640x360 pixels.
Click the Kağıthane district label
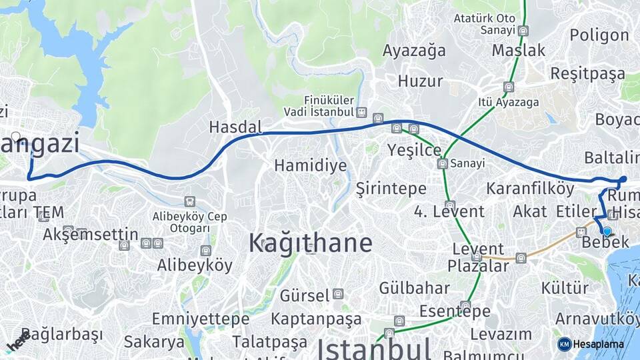310,243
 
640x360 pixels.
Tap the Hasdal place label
235,127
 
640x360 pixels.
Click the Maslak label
519,50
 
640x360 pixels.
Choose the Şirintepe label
391,188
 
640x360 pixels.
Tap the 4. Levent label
449,212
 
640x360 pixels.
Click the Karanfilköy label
530,188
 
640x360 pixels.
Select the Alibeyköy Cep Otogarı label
190,222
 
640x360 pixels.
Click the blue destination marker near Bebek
607,231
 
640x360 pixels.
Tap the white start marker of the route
16,137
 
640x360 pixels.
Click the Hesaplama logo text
600,344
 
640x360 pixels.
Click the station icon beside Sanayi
442,163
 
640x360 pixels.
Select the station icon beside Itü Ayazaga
509,87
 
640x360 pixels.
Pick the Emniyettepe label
200,319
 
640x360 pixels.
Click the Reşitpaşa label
587,74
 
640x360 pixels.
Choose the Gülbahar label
414,288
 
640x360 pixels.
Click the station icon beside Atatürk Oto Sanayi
523,30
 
